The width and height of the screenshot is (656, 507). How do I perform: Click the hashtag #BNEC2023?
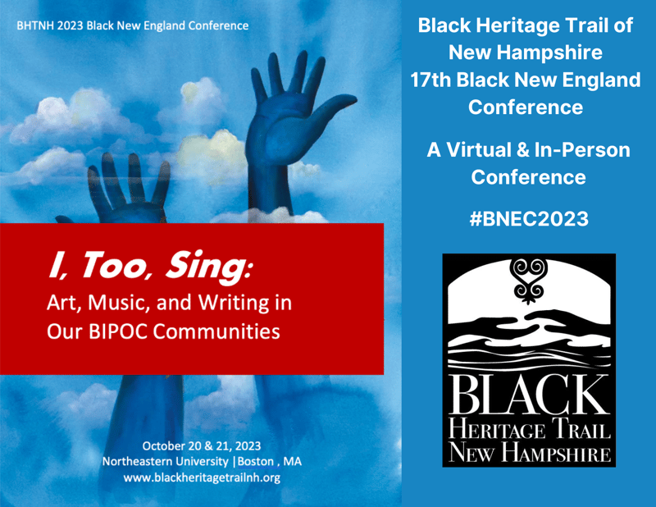[x=529, y=219]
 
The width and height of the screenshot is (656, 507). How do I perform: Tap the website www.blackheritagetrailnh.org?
[x=202, y=477]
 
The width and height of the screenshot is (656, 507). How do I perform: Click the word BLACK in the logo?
[x=529, y=395]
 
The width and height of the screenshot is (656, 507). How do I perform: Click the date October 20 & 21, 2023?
[x=202, y=446]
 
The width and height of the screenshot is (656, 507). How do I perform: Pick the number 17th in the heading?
[x=433, y=80]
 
